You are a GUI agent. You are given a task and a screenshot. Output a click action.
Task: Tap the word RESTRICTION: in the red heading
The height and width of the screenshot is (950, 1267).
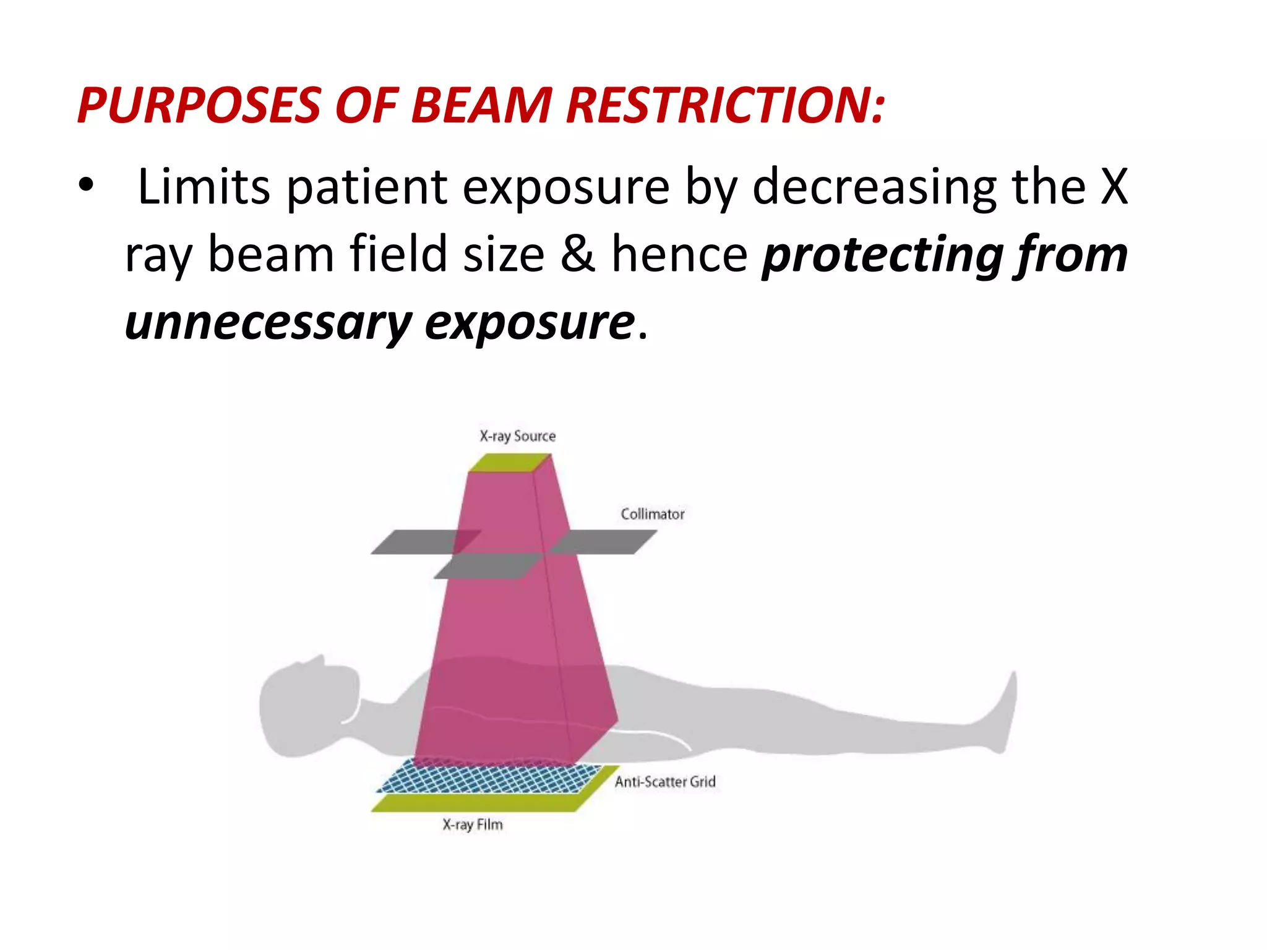pyautogui.click(x=725, y=105)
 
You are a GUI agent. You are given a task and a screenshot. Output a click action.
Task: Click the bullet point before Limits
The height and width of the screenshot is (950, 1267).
pyautogui.click(x=86, y=185)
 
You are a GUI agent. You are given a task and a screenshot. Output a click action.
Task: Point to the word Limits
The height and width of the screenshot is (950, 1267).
pyautogui.click(x=204, y=186)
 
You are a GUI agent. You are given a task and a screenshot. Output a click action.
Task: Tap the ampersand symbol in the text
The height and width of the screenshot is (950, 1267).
pyautogui.click(x=578, y=254)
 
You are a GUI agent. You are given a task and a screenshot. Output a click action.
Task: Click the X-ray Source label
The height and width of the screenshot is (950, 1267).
pyautogui.click(x=517, y=436)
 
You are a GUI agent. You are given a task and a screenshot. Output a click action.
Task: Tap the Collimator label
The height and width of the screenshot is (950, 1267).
pyautogui.click(x=652, y=514)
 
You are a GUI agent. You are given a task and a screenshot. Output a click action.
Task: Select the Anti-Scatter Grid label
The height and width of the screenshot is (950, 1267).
pyautogui.click(x=664, y=782)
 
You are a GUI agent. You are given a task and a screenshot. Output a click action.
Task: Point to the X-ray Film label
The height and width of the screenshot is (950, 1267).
pyautogui.click(x=473, y=824)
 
